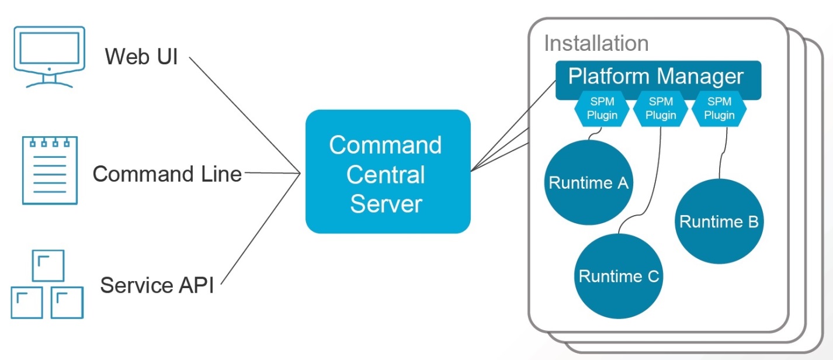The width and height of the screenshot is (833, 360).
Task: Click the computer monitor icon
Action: [49, 56]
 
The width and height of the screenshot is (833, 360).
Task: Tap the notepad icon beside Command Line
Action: [49, 170]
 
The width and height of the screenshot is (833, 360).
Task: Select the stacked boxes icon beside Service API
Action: [47, 286]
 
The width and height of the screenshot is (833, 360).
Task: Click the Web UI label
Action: [141, 57]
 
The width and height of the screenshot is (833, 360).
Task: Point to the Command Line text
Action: [167, 174]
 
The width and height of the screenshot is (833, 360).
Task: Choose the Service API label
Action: [157, 285]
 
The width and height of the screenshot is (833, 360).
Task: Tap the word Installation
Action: [596, 43]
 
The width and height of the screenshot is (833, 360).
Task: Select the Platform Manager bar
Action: [657, 77]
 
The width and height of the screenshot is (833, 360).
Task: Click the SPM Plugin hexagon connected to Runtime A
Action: [602, 109]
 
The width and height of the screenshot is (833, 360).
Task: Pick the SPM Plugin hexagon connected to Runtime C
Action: [661, 109]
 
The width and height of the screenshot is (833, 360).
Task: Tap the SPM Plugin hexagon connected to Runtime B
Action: [719, 109]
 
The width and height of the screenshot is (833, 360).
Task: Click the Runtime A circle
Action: [588, 184]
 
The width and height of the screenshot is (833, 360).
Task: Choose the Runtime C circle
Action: [619, 275]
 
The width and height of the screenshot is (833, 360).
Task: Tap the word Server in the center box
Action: [386, 205]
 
